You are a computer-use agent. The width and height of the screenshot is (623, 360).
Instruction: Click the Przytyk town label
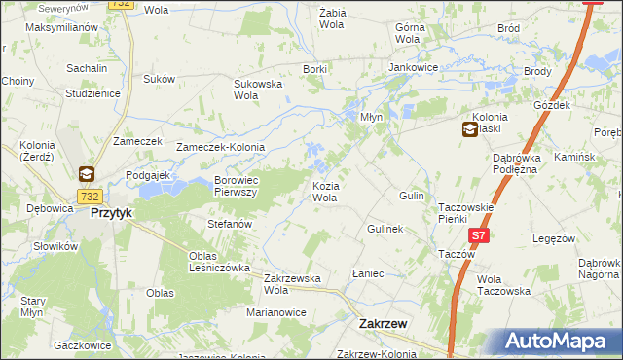110,212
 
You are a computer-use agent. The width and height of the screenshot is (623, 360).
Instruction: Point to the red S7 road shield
477,236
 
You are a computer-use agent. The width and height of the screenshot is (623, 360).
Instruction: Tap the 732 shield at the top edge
120,4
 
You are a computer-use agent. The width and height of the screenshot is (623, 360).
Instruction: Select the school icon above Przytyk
87,174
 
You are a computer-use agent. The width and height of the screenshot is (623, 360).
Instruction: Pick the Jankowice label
413,67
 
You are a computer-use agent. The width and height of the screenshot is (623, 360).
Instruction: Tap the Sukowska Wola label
258,90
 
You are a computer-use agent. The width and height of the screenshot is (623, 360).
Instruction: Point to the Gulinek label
385,229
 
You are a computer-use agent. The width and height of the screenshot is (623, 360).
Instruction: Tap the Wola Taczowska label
503,284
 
